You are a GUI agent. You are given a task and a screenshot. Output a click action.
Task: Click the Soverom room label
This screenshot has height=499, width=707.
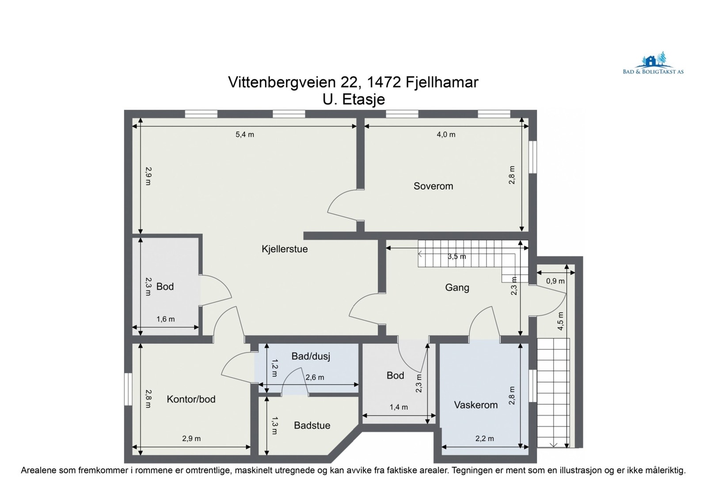point(433,186)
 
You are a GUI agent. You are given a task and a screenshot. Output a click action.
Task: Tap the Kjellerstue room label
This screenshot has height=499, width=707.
point(285,249)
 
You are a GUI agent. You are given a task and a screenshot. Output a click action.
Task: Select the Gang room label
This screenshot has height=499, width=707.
point(457,288)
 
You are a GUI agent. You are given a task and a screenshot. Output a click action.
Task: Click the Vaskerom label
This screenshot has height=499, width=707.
point(475,405)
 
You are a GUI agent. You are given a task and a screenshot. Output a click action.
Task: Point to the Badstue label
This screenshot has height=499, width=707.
point(312,426)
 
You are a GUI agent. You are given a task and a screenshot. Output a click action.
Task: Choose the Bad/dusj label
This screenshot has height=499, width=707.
point(311,356)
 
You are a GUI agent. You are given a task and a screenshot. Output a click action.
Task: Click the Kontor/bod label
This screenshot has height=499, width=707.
point(191,399)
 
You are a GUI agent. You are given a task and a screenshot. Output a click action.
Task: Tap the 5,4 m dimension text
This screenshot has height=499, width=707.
point(245,135)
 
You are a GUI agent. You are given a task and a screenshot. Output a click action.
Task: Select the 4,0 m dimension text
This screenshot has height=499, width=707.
point(446,135)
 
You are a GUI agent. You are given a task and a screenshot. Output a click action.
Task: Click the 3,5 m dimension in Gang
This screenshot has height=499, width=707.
point(457,257)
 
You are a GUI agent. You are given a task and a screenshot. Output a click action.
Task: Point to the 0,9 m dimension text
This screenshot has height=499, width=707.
point(555,281)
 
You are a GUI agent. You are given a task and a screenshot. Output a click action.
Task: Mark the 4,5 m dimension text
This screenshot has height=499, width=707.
point(560,321)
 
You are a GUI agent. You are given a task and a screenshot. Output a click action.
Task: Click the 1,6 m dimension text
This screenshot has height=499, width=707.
point(165,319)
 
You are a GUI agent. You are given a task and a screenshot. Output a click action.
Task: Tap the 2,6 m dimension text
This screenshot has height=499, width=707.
point(315,377)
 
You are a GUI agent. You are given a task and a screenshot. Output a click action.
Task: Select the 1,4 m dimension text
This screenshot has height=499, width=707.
point(399,407)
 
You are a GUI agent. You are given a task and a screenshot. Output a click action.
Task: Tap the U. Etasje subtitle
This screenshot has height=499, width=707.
point(353,99)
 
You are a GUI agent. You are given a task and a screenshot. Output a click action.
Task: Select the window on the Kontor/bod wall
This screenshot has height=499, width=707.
point(128,389)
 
